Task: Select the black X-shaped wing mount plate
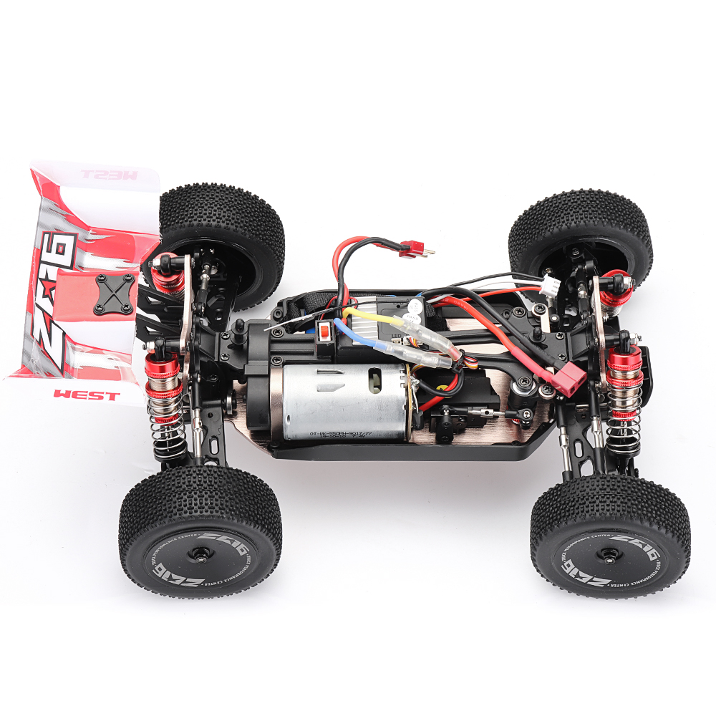tap(114, 294)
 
